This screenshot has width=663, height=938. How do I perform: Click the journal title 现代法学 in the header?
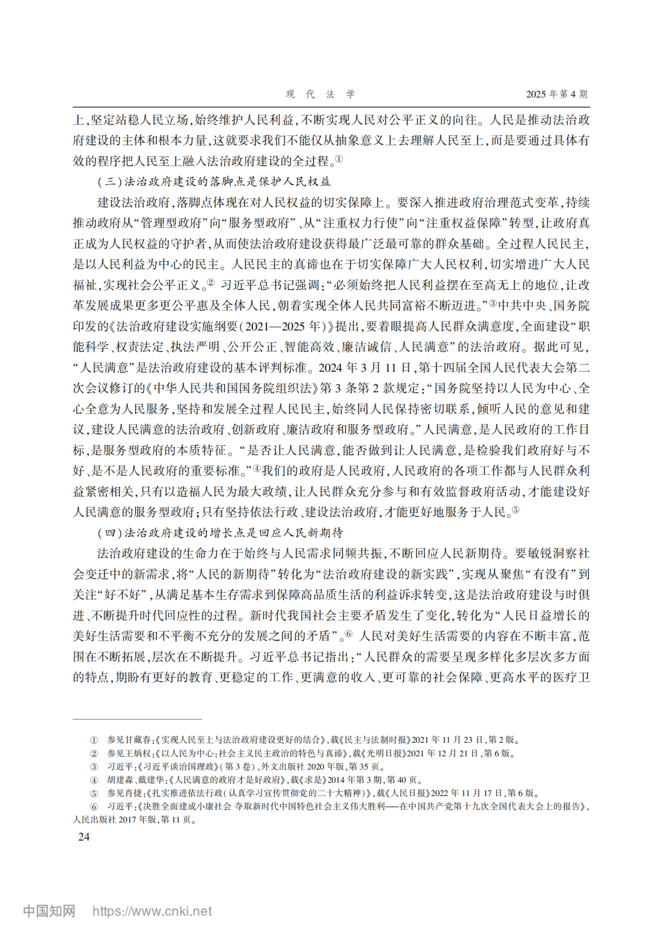(320, 94)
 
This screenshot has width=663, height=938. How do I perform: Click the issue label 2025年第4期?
(556, 94)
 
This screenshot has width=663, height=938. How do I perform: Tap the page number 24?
(83, 837)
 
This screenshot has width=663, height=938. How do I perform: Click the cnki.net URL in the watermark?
(152, 911)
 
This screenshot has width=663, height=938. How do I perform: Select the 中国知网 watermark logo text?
(49, 911)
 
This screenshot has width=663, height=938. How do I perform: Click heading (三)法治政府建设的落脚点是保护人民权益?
(214, 181)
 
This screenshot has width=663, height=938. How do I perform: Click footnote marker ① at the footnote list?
(94, 740)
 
